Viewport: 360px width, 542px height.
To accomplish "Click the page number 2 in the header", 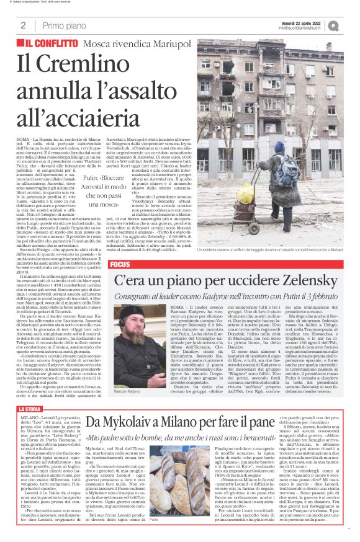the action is tap(23, 25).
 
